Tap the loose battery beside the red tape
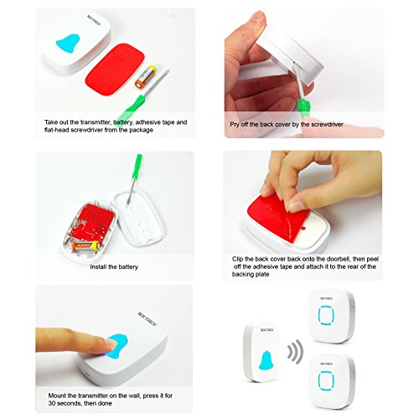145,77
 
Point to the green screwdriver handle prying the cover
303,108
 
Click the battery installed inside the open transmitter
86,246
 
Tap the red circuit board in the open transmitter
91,221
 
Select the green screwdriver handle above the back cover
137,167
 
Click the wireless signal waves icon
295,352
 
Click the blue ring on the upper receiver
326,315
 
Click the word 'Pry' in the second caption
235,125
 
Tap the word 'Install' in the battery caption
98,266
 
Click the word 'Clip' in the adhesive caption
237,259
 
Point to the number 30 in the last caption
52,403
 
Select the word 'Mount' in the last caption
57,396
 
